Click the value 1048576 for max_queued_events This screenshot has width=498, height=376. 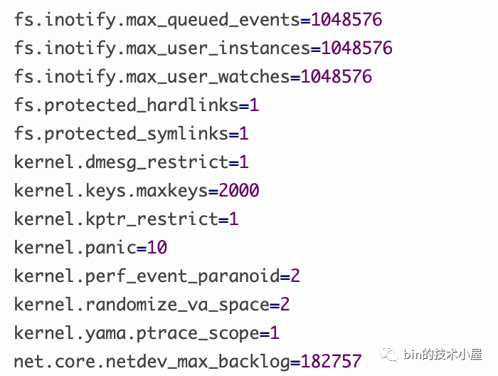[x=346, y=19]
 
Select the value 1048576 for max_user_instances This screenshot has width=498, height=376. [x=356, y=48]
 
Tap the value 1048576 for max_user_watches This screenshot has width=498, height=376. [x=337, y=77]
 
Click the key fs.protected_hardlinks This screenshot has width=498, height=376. [x=127, y=105]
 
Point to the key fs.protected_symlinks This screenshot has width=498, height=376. [x=122, y=134]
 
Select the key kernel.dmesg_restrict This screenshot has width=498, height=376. [x=122, y=162]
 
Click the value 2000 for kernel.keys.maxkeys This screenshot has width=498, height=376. [x=239, y=191]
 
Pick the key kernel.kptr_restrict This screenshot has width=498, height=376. [x=116, y=219]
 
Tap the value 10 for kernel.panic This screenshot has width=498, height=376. [x=157, y=248]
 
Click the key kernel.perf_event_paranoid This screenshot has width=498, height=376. [x=147, y=276]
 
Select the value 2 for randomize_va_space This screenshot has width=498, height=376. [x=285, y=305]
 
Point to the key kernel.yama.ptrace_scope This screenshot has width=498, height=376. [x=137, y=333]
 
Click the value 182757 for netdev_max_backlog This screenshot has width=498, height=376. [x=332, y=361]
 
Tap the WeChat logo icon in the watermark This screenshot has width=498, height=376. [x=389, y=353]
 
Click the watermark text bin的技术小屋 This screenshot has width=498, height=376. [x=443, y=354]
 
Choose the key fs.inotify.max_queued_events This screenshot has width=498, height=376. [x=157, y=20]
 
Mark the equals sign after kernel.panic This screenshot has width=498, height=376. [x=142, y=249]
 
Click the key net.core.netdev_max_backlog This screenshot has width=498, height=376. [x=152, y=362]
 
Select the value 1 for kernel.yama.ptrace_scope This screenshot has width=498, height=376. [x=275, y=333]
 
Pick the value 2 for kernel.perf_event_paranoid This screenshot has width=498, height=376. [x=295, y=276]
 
